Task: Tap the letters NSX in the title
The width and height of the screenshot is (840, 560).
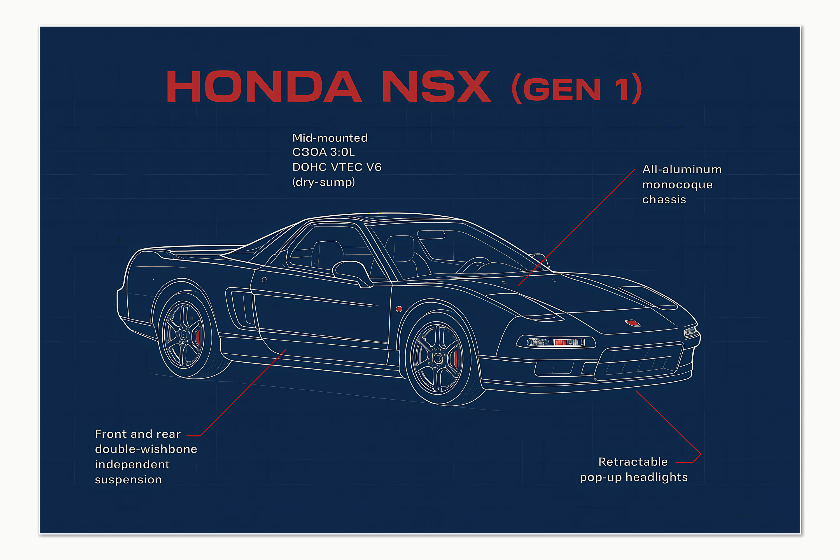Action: [x=437, y=87]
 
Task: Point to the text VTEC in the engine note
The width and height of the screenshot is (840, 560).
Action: [x=346, y=167]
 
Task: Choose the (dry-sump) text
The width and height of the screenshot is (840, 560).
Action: [x=324, y=182]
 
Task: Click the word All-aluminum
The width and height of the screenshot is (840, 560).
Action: [x=682, y=169]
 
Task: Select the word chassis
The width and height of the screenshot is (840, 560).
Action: [x=664, y=200]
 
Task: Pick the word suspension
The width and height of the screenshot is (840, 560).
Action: [x=128, y=480]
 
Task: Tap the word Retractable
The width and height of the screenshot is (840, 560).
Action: [x=633, y=462]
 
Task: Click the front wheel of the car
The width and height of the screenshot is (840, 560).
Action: [x=438, y=358]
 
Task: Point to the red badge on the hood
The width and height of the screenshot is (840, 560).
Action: [x=633, y=323]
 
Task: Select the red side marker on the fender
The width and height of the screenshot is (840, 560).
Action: [x=399, y=309]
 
